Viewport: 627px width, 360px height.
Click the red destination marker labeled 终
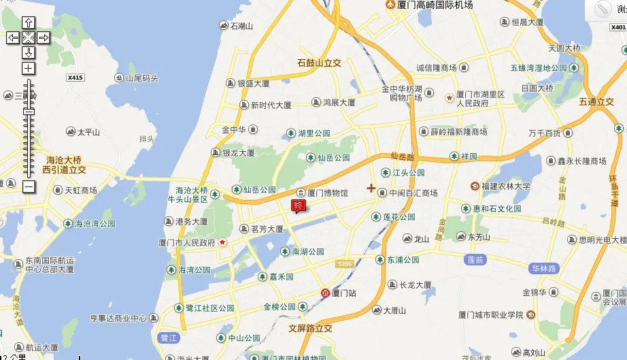[x=298, y=206]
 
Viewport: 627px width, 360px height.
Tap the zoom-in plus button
[x=28, y=68]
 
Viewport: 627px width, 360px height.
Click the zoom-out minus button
[x=28, y=186]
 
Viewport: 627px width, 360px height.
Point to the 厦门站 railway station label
[x=339, y=293]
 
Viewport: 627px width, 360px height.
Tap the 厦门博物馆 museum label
[x=322, y=193]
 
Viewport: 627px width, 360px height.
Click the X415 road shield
[x=75, y=78]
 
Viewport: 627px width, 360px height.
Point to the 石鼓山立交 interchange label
[x=319, y=63]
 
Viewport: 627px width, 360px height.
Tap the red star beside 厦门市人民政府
[x=222, y=242]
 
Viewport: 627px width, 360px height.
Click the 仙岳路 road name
[x=403, y=157]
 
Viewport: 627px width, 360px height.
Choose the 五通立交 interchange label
[x=596, y=102]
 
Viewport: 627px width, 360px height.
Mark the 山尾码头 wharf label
[x=141, y=78]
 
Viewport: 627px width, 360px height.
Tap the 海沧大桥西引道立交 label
[x=64, y=163]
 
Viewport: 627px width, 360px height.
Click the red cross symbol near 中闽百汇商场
[x=371, y=188]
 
